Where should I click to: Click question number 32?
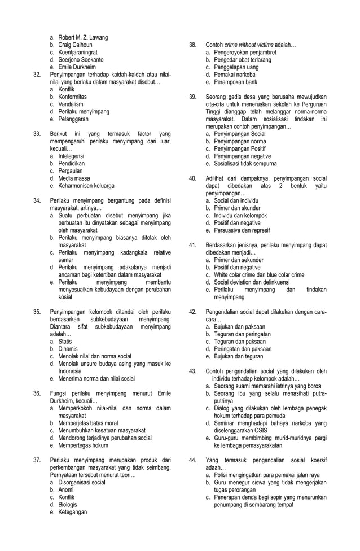37,74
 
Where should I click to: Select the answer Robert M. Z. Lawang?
82,38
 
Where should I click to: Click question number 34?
37,200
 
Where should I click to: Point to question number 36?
37,393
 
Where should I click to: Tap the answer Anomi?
67,490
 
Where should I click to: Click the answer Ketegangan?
72,512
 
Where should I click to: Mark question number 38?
193,45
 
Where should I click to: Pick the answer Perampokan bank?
235,81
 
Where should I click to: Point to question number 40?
193,178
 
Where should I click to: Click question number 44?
193,460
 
